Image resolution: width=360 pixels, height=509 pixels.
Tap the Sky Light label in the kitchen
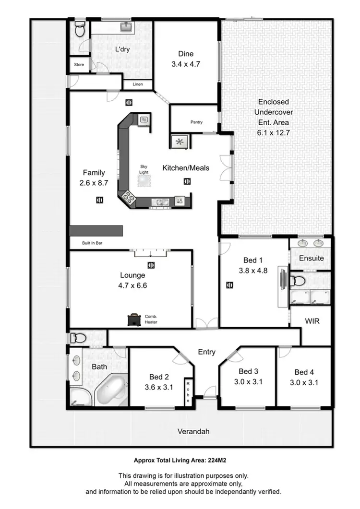click(144, 168)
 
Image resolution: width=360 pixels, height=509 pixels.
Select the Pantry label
click(196, 122)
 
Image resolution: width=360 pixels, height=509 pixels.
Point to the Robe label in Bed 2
click(189, 392)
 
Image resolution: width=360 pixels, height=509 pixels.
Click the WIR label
click(312, 320)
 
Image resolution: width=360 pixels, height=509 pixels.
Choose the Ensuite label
click(312, 258)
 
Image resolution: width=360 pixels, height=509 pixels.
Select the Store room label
click(79, 64)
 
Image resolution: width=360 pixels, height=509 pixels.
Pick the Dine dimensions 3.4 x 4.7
click(186, 63)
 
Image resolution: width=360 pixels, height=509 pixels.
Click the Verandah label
click(194, 431)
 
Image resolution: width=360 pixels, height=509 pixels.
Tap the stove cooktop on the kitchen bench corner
click(129, 196)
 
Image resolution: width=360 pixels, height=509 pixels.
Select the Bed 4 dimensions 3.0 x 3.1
click(304, 382)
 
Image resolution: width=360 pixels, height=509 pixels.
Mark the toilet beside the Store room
click(80, 30)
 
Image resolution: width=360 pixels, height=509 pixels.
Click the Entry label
click(207, 352)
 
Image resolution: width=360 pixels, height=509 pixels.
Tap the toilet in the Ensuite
click(298, 281)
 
